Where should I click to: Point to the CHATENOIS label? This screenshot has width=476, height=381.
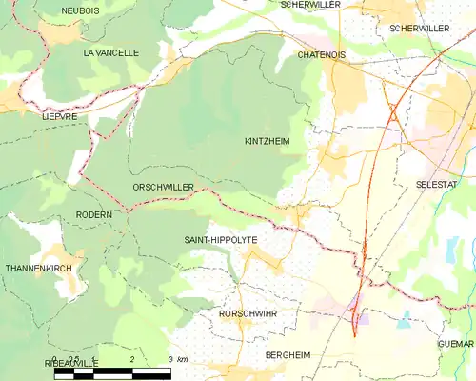[x=321, y=55]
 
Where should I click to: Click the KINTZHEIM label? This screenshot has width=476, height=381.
[x=268, y=140]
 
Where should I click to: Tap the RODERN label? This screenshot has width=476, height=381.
[x=93, y=215]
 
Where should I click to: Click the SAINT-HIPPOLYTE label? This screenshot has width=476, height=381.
[x=221, y=240]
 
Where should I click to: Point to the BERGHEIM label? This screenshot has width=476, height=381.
[x=288, y=354]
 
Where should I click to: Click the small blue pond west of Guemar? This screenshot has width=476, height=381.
[x=407, y=319]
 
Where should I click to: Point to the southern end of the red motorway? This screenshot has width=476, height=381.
[x=354, y=335]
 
